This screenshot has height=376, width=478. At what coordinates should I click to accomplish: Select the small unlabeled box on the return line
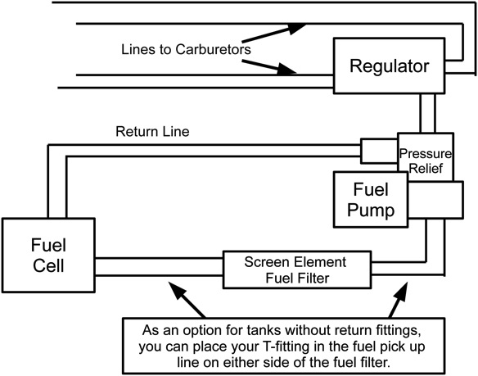point(378,150)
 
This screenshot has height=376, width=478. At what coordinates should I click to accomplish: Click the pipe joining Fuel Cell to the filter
point(159,265)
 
